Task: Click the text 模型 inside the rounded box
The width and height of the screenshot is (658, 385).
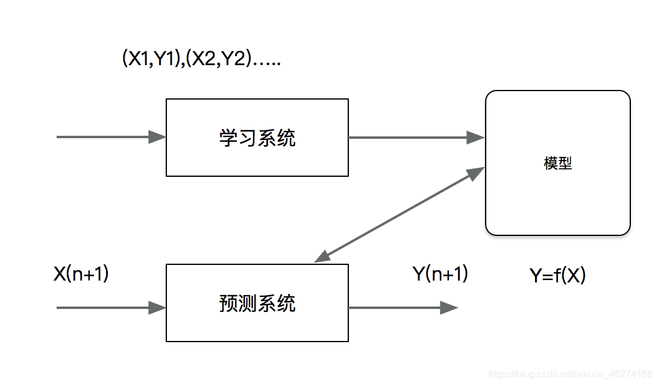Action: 557,163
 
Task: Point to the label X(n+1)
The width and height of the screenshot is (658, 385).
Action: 81,275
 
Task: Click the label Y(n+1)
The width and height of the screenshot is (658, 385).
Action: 440,275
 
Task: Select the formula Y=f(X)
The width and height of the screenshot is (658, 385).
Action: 557,276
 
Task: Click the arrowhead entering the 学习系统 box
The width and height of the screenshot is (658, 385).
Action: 157,137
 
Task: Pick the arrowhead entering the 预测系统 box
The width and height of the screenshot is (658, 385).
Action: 157,308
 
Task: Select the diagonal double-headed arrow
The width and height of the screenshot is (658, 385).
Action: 399,215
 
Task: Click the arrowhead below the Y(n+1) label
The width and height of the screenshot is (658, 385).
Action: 449,308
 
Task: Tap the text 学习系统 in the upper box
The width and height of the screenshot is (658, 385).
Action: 257,138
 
